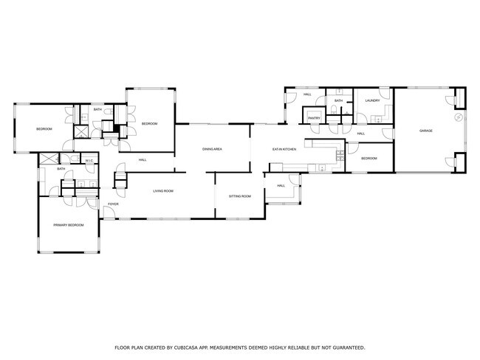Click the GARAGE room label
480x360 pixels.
pyautogui.click(x=426, y=131)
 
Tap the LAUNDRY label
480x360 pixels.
pyautogui.click(x=372, y=100)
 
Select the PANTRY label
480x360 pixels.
pyautogui.click(x=314, y=117)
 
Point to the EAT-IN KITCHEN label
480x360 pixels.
pyautogui.click(x=284, y=150)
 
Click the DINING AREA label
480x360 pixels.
pyautogui.click(x=213, y=150)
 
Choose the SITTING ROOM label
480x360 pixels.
pyautogui.click(x=240, y=196)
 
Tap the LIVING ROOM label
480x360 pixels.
pyautogui.click(x=163, y=191)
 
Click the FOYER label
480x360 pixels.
pyautogui.click(x=114, y=204)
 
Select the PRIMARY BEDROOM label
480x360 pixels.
pyautogui.click(x=68, y=225)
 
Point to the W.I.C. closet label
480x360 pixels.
pyautogui.click(x=89, y=161)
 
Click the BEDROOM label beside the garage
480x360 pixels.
pyautogui.click(x=368, y=159)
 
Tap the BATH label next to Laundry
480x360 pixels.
pyautogui.click(x=339, y=101)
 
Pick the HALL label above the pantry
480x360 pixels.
pyautogui.click(x=307, y=95)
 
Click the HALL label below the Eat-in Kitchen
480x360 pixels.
pyautogui.click(x=281, y=185)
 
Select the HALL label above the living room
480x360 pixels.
pyautogui.click(x=143, y=159)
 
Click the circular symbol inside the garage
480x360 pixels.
pyautogui.click(x=458, y=117)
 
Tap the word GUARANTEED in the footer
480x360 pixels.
pyautogui.click(x=346, y=347)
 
